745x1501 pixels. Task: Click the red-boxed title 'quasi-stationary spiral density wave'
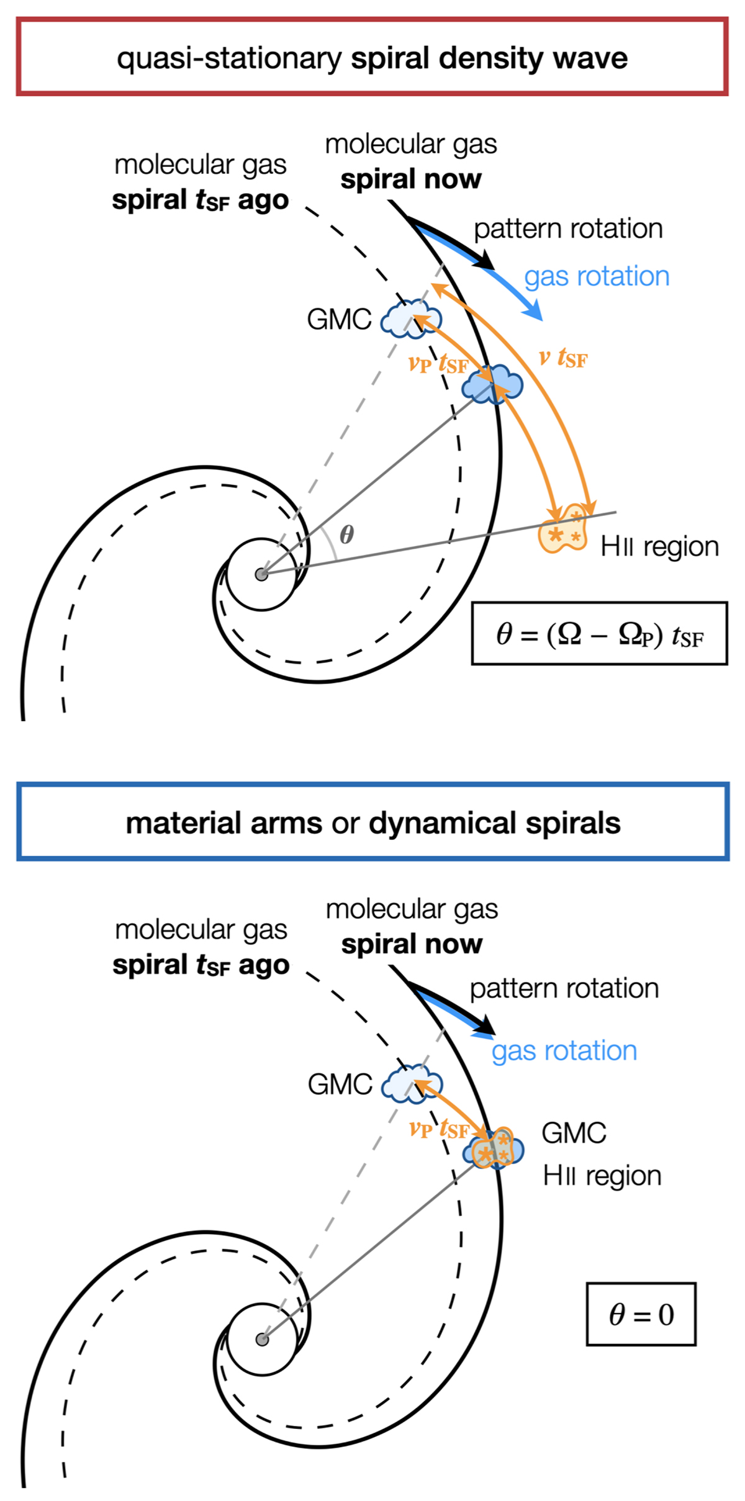pyautogui.click(x=372, y=58)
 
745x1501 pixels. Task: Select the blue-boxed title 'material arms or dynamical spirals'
pyautogui.click(x=372, y=823)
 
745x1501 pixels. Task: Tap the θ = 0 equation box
pyautogui.click(x=641, y=1314)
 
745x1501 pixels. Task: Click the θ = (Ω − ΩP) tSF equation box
pyautogui.click(x=599, y=634)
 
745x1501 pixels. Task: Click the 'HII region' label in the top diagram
pyautogui.click(x=659, y=547)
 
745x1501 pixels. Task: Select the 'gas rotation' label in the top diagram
pyautogui.click(x=597, y=276)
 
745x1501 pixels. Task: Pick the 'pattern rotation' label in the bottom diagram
pyautogui.click(x=564, y=988)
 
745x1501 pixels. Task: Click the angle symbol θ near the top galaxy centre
pyautogui.click(x=346, y=534)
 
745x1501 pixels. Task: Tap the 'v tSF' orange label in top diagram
pyautogui.click(x=562, y=358)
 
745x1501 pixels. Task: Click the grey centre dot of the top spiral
pyautogui.click(x=261, y=574)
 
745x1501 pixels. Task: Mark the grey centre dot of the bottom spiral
pyautogui.click(x=262, y=1339)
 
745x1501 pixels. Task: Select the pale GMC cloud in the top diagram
pyautogui.click(x=410, y=319)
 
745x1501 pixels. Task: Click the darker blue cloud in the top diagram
pyautogui.click(x=492, y=385)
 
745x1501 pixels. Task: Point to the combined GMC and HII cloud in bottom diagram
pyautogui.click(x=493, y=1150)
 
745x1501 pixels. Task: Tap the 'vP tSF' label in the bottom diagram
pyautogui.click(x=438, y=1128)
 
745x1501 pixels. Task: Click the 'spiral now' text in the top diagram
pyautogui.click(x=410, y=179)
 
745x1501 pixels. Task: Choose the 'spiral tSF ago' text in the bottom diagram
pyautogui.click(x=201, y=965)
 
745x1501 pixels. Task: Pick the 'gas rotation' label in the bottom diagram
pyautogui.click(x=564, y=1051)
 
